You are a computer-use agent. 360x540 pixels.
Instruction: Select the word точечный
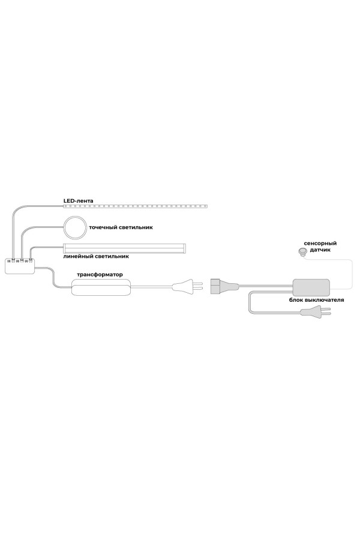coord(103,228)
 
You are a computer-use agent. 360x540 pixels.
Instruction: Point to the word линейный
coord(79,256)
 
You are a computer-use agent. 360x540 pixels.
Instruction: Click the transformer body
coord(100,288)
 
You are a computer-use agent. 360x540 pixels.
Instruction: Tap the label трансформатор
coord(99,274)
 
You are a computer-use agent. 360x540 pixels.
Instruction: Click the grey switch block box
coord(311,286)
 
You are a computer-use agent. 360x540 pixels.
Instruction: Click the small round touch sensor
coord(303,253)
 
